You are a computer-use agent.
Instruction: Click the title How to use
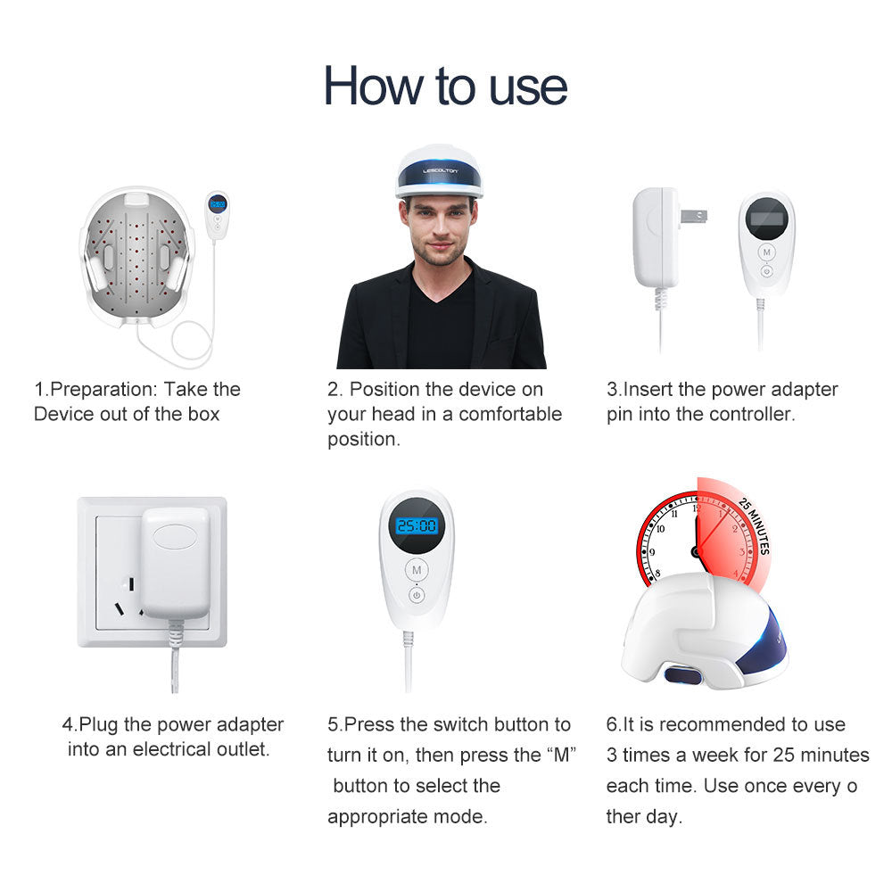click(x=445, y=86)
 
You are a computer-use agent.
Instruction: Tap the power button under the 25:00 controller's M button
click(x=417, y=594)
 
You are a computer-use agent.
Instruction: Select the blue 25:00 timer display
click(x=417, y=526)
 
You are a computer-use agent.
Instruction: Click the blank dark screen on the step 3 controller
click(x=765, y=219)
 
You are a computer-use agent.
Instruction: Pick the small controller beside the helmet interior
click(x=217, y=213)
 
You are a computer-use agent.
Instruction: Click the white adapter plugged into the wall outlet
click(x=176, y=561)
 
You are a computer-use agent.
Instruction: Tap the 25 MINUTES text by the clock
click(x=755, y=526)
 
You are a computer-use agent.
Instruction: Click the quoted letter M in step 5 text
click(x=559, y=756)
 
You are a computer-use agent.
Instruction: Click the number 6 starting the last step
click(x=611, y=725)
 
